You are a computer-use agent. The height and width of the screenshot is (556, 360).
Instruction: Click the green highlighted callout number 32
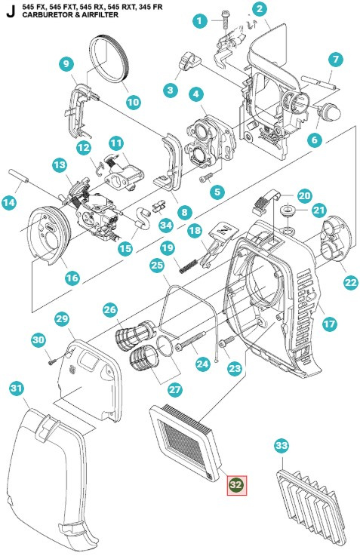236,484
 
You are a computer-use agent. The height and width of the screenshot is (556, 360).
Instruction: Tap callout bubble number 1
199,21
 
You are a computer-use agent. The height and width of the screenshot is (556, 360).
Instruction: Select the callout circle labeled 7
337,60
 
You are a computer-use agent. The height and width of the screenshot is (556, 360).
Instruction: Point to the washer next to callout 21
290,209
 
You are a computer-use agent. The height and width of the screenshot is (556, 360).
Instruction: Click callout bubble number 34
166,225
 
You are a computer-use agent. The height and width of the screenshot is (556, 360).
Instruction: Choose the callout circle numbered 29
62,319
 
